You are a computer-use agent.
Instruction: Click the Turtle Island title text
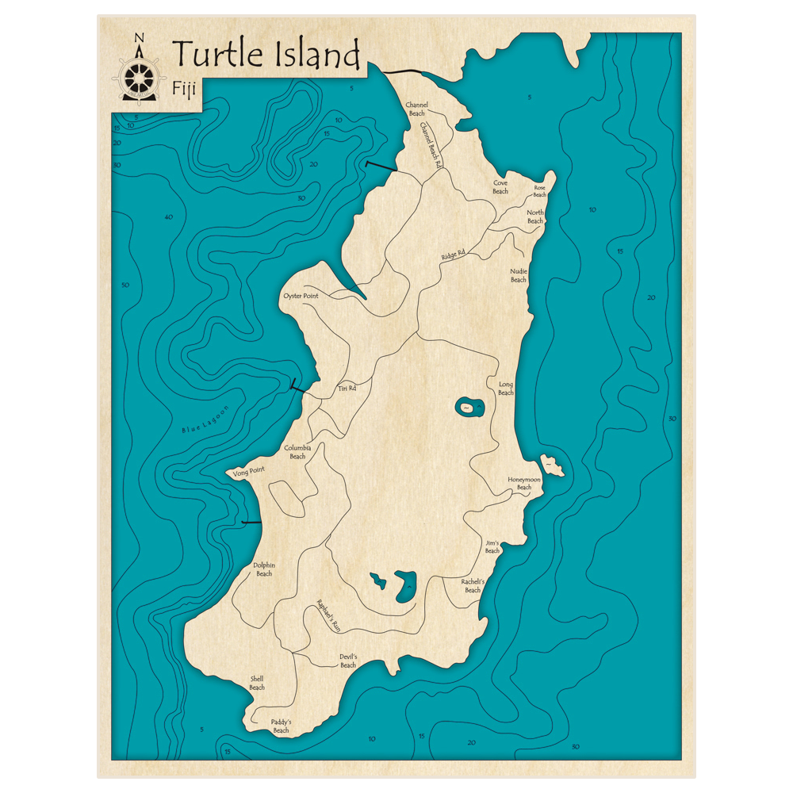pyautogui.click(x=266, y=55)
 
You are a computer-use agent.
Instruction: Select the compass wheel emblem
pyautogui.click(x=139, y=76)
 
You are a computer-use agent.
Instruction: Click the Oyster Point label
pyautogui.click(x=301, y=296)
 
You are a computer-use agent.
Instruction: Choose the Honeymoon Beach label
pyautogui.click(x=524, y=483)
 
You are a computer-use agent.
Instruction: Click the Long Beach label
pyautogui.click(x=506, y=389)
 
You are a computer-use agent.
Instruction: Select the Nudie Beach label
pyautogui.click(x=519, y=275)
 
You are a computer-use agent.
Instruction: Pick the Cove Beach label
pyautogui.click(x=500, y=186)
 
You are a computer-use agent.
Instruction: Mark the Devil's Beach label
pyautogui.click(x=348, y=661)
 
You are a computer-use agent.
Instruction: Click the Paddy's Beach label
pyautogui.click(x=281, y=726)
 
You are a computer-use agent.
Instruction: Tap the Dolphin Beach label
pyautogui.click(x=264, y=569)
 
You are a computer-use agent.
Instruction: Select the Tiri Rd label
pyautogui.click(x=347, y=389)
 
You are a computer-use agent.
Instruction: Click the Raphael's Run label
pyautogui.click(x=328, y=614)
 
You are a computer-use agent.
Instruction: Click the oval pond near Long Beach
pyautogui.click(x=469, y=408)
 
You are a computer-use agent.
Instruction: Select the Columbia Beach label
pyautogui.click(x=297, y=452)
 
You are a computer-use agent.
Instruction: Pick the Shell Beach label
pyautogui.click(x=257, y=683)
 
